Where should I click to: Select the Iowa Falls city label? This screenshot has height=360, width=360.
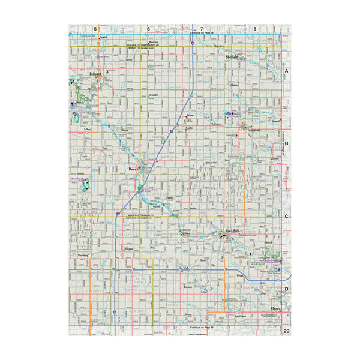[232, 229]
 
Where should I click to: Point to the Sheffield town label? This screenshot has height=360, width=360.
[232, 56]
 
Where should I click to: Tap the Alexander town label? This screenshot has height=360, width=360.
[152, 95]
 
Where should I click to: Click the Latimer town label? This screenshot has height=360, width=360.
[191, 114]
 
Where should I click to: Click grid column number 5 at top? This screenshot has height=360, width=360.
[95, 28]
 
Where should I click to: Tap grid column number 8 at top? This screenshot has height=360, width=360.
[254, 28]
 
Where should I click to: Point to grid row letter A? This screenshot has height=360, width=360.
[286, 71]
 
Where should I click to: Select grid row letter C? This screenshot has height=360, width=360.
[286, 217]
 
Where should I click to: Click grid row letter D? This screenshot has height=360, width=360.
[286, 289]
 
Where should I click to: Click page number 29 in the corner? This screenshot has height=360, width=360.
[286, 331]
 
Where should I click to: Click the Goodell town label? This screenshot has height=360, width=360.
[103, 37]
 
